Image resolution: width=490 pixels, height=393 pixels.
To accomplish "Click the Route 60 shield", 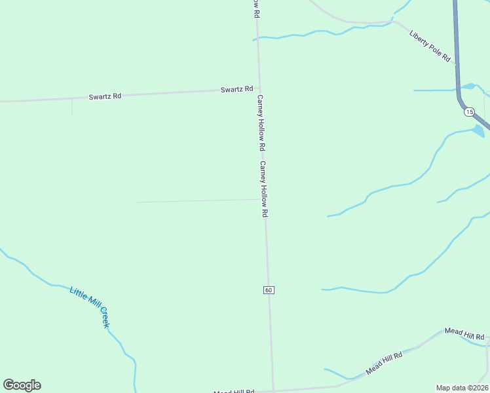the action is click(x=269, y=290).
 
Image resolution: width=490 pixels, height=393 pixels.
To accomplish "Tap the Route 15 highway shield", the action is click(x=469, y=112).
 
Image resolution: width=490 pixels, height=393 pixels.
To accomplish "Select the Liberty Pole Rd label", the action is click(x=430, y=47).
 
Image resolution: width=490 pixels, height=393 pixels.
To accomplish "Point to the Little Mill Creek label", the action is click(x=89, y=307).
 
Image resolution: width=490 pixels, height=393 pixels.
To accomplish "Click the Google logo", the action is click(x=22, y=385).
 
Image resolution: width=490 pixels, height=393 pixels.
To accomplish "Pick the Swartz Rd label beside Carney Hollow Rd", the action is click(x=236, y=89).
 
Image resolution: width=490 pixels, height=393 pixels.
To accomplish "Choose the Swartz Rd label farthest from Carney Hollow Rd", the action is click(x=105, y=96).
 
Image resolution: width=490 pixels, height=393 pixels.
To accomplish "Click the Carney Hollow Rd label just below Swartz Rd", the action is click(x=260, y=122).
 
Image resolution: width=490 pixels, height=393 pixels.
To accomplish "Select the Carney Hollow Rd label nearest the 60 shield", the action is click(x=264, y=189).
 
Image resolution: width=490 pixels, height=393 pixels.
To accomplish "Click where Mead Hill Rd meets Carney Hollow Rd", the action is click(x=273, y=390).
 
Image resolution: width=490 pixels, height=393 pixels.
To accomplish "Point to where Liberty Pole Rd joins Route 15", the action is click(x=456, y=64).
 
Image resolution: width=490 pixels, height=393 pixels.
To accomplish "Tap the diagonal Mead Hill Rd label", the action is click(x=384, y=362).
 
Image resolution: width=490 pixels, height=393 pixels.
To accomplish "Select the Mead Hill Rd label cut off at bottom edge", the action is click(x=233, y=391).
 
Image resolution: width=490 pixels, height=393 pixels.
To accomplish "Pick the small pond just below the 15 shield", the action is click(x=479, y=130).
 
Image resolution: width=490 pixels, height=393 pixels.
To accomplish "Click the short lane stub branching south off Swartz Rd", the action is click(x=71, y=107).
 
